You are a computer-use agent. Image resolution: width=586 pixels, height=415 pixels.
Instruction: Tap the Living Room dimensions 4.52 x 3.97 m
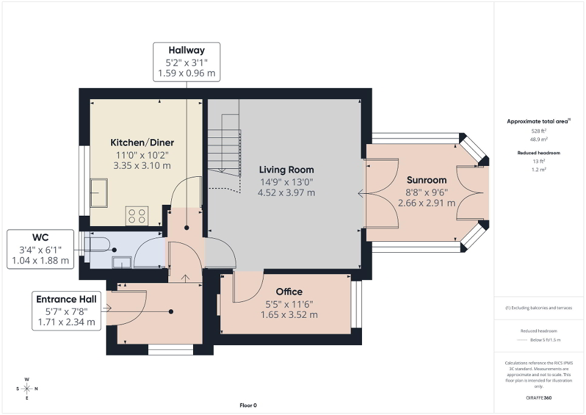coord(287,193)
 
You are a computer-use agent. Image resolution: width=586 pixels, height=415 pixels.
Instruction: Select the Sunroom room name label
coord(426,180)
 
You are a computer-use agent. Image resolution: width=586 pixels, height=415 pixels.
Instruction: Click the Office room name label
coord(288,292)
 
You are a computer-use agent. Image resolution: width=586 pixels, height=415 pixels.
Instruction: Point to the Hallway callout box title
coord(186,50)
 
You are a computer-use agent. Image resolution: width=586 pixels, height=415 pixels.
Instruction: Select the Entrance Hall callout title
coord(66,299)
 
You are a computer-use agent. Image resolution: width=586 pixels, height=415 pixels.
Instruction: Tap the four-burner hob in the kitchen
coord(137,216)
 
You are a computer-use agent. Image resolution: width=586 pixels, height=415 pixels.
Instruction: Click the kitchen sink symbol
coord(98,193)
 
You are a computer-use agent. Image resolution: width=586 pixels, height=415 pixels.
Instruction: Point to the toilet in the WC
coord(101,245)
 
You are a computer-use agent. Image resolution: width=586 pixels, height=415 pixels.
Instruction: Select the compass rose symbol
coord(27,389)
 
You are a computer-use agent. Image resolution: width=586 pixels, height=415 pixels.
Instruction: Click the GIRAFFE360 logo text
coord(540,398)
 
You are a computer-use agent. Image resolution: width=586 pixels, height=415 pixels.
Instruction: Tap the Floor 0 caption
coord(248,405)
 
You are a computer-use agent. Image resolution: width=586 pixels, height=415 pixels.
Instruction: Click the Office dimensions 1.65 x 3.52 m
coord(288,315)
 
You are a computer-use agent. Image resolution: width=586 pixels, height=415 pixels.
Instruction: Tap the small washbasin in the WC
coord(122,262)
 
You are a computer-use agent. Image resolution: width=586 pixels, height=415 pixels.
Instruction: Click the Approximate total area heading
coord(538,122)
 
